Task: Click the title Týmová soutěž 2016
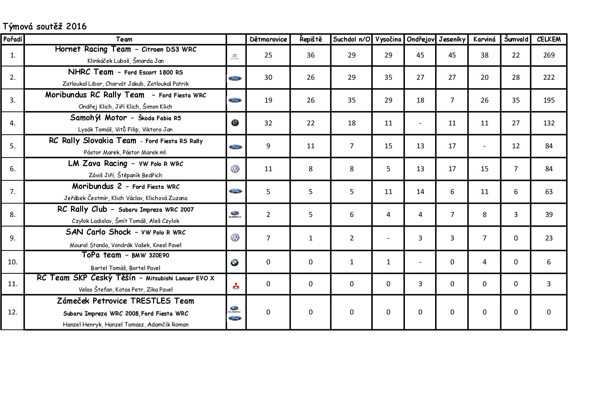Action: point(44,26)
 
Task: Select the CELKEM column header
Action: point(549,39)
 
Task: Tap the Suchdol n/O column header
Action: point(352,39)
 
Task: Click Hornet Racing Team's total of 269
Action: point(549,55)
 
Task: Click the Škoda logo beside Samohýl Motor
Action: point(235,123)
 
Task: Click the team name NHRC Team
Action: point(90,72)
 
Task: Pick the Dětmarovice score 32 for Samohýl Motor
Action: point(268,123)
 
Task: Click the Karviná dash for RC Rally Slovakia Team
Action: point(484,146)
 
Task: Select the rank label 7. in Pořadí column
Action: point(13,192)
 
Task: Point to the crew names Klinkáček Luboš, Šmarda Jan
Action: point(125,61)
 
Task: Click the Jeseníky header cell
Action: point(452,39)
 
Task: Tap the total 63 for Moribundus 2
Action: point(549,192)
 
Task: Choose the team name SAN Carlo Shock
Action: point(98,232)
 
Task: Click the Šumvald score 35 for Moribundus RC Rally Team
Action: point(516,100)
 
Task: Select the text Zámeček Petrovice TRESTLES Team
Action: point(125,301)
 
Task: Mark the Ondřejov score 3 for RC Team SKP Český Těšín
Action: point(420,284)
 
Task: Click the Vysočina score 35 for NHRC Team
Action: point(388,77)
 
